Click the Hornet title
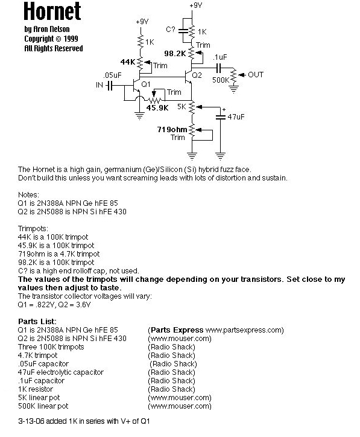coord(52,11)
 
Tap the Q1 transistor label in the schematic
coord(146,84)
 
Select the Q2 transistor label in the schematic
coord(197,75)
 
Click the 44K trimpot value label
coord(128,62)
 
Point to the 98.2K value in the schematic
coord(175,53)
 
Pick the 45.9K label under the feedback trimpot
coord(157,107)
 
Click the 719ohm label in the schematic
coord(172,129)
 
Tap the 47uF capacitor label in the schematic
coord(236,116)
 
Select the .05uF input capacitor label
coord(113,75)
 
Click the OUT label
coord(256,75)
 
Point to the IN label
coord(99,85)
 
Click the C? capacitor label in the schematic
coord(171,29)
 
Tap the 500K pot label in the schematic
coord(221,80)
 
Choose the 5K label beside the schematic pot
coord(182,106)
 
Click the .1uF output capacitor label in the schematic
coord(220,57)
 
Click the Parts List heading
coord(37,321)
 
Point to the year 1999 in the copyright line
coord(71,39)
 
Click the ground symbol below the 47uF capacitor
coord(220,156)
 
